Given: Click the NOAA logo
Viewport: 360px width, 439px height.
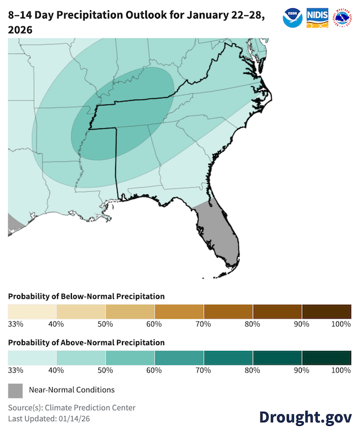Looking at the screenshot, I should [x=292, y=17].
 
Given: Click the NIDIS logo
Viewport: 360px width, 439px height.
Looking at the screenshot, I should [x=317, y=17].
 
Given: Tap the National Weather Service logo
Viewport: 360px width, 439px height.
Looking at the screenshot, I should [x=343, y=17].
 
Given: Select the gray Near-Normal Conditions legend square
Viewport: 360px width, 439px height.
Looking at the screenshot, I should [x=15, y=390].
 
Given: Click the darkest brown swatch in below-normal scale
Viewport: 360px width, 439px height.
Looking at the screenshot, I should [x=326, y=311].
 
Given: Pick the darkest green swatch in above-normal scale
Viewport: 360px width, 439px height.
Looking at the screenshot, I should [x=326, y=357].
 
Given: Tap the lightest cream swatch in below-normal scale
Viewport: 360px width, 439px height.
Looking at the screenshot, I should [x=32, y=311].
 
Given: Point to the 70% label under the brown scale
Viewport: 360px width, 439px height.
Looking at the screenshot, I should [x=203, y=324].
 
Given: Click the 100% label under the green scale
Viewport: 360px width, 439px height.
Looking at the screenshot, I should [x=340, y=371].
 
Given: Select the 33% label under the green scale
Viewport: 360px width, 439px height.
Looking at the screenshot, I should [x=16, y=371].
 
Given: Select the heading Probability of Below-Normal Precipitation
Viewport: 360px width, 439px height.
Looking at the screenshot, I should [x=86, y=296].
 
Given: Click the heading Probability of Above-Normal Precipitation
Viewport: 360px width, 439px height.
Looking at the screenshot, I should [x=86, y=342].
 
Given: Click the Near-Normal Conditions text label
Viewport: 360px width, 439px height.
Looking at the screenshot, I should [x=71, y=390].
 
